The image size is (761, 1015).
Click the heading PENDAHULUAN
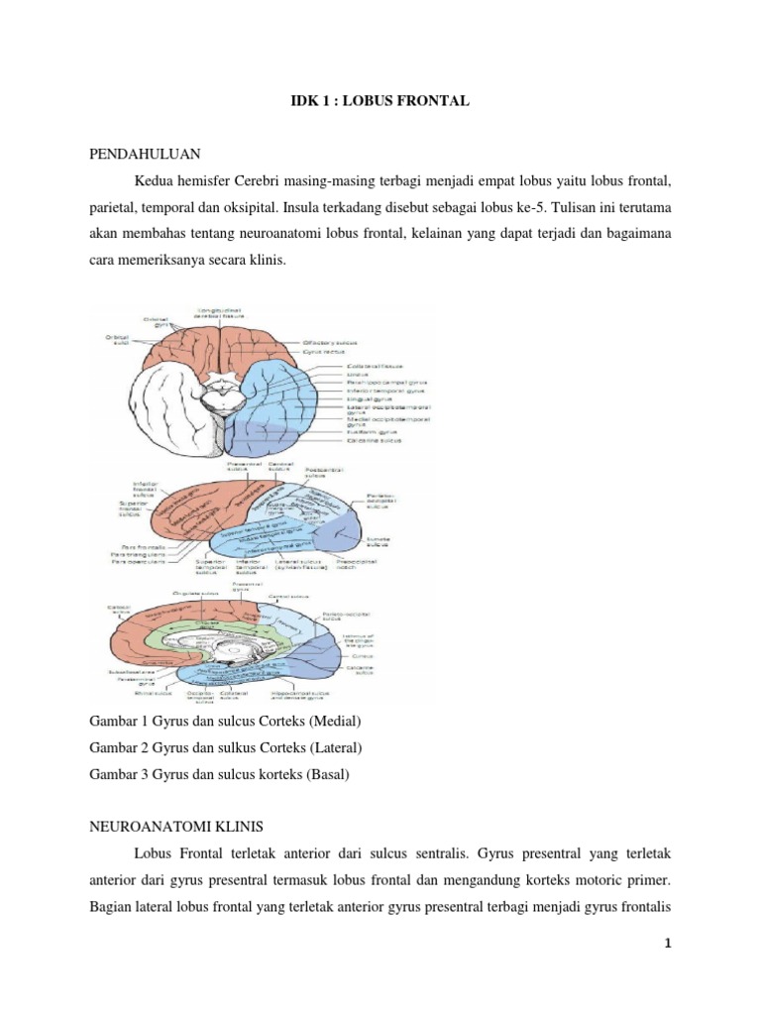tap(146, 155)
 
